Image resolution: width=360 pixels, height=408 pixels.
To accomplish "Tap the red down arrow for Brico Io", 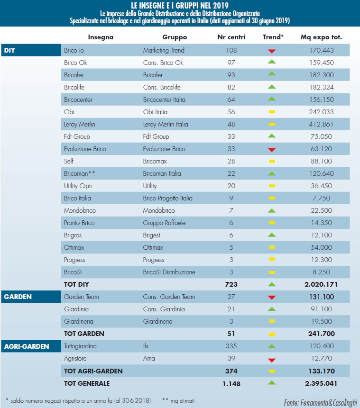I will coord(272,51).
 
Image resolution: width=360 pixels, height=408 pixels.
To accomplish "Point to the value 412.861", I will coord(322,124).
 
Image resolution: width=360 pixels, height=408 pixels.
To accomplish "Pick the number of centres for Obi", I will coord(231,112).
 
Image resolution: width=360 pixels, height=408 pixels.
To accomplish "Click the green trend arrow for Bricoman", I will coord(272,173).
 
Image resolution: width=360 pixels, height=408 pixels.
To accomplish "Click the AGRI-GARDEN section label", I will coord(26,346).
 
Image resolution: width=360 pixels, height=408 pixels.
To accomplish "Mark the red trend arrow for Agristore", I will coord(272,359).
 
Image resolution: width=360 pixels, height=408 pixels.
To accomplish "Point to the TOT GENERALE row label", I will coord(87,383).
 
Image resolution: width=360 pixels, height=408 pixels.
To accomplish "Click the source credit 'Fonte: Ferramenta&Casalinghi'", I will coord(319,402).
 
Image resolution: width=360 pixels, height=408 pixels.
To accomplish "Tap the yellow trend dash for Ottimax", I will coord(272,247).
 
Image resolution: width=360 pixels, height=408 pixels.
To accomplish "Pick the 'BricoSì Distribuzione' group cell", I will coord(169,272).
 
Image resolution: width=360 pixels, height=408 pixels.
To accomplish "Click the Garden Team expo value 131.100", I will coord(322,297).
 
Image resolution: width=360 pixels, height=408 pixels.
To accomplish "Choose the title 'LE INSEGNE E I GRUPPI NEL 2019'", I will coord(180,5).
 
